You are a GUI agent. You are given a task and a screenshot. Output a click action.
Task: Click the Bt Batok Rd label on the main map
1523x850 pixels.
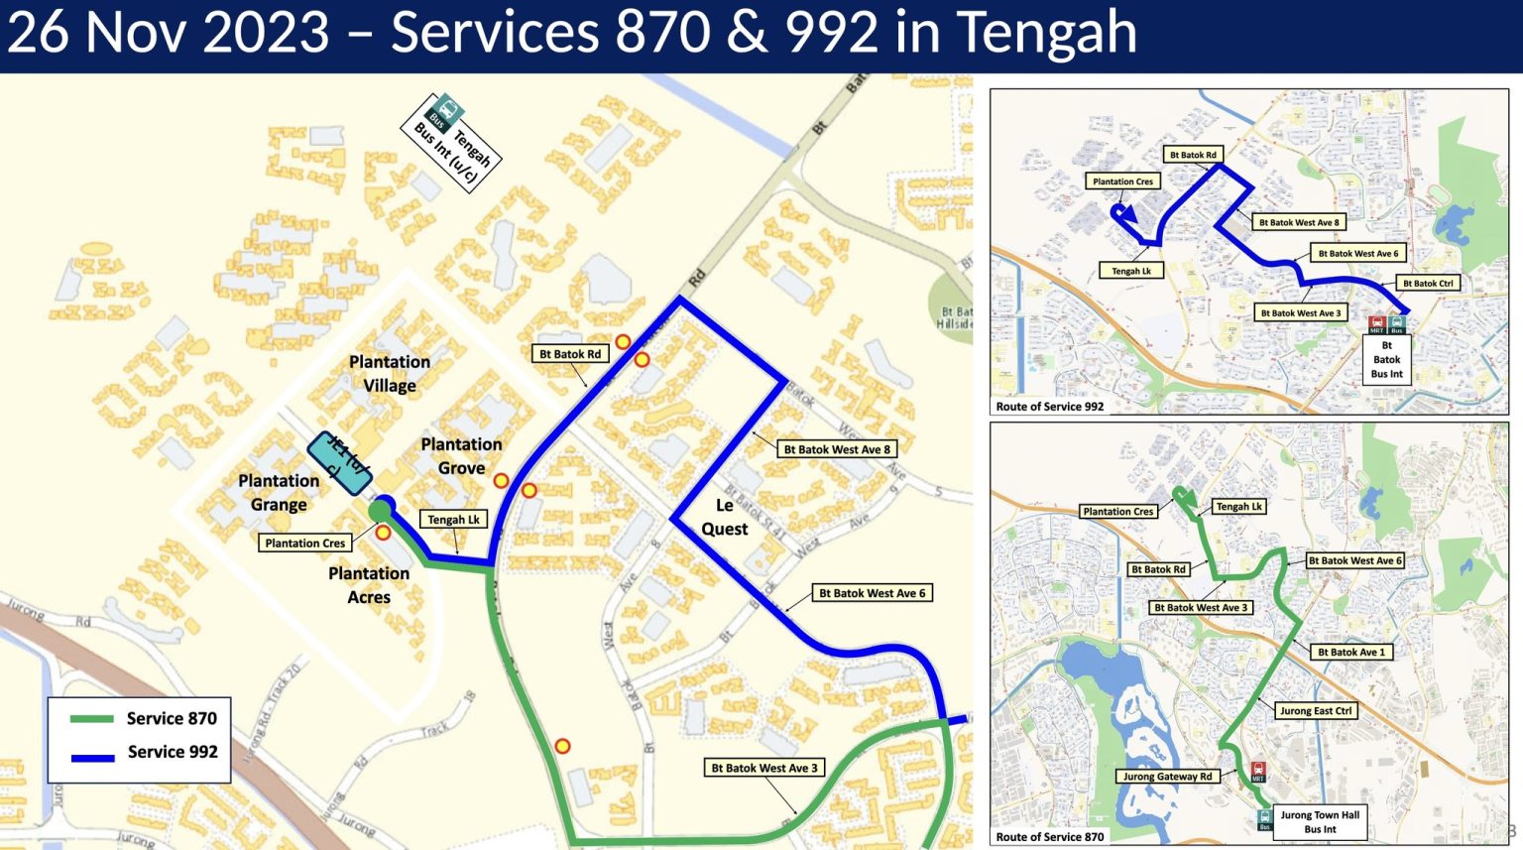tap(570, 354)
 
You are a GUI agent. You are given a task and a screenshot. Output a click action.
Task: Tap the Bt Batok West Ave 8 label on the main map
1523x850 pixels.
tap(837, 449)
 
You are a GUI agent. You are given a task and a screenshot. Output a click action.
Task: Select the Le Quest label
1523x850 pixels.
tap(724, 517)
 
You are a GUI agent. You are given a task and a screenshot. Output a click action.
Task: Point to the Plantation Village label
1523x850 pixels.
tap(390, 374)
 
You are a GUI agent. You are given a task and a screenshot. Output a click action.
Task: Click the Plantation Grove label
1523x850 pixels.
tap(461, 456)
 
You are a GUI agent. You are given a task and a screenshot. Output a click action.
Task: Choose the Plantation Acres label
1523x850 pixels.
tap(369, 585)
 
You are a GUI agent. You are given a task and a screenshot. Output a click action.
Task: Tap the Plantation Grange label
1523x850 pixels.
tap(279, 492)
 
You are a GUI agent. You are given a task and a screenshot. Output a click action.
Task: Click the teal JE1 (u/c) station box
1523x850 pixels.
tap(339, 462)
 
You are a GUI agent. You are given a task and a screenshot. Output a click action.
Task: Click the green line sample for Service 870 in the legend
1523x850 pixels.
tap(91, 719)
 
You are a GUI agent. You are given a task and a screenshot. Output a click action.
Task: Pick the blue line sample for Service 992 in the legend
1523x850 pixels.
tap(91, 757)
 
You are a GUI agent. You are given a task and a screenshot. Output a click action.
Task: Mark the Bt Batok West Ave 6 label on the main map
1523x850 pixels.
tap(872, 593)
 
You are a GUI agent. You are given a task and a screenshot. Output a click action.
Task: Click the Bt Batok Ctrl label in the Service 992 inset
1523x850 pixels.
tap(1428, 284)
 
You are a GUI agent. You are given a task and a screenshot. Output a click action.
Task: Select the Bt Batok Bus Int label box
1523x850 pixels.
tap(1386, 360)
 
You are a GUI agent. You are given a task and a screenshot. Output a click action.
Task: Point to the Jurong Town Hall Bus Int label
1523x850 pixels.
tap(1320, 822)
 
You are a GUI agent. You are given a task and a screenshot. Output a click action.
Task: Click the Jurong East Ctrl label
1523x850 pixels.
tap(1316, 711)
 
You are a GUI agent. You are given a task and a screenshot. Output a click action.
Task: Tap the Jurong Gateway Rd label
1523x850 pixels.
tap(1167, 777)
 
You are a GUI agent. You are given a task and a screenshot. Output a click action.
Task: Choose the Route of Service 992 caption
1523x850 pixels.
tap(1050, 407)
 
